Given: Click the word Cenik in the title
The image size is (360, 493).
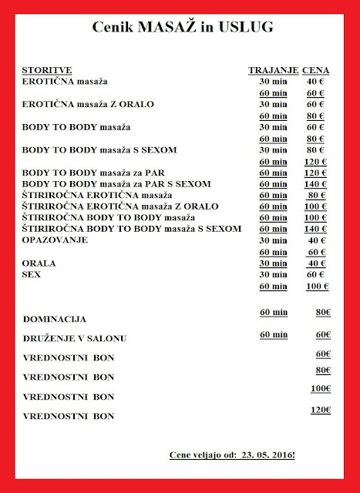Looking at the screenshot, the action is [x=113, y=29].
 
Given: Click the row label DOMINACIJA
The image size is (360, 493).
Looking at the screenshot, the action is [x=54, y=318].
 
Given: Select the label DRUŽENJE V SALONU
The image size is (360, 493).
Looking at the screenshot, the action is [x=74, y=338].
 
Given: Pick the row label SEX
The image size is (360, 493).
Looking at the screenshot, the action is [x=32, y=273].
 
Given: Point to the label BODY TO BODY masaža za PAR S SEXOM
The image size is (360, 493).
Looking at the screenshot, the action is [x=116, y=185].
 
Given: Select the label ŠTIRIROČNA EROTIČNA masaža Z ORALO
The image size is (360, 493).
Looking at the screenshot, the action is [x=120, y=206].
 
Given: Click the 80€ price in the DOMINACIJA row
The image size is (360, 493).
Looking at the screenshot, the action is [x=322, y=312].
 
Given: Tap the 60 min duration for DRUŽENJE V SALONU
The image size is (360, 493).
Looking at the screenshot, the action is [x=274, y=334].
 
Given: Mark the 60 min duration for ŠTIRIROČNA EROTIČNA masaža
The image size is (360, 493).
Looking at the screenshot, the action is [x=274, y=196].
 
